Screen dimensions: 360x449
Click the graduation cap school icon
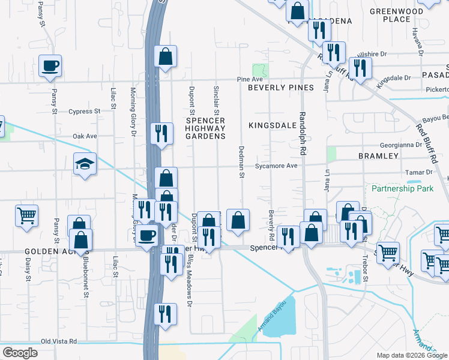(85, 163)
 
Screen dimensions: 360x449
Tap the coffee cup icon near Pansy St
(50, 65)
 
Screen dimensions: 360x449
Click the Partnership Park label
(402, 188)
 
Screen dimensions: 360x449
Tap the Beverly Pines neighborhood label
(281, 88)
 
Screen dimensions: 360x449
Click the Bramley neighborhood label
(378, 156)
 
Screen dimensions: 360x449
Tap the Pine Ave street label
(250, 79)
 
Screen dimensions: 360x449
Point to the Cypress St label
(84, 112)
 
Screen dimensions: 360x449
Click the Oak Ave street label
(85, 136)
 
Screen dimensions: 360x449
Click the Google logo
(20, 353)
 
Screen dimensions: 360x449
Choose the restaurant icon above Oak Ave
(160, 133)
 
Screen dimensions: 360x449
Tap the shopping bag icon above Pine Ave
(164, 56)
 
